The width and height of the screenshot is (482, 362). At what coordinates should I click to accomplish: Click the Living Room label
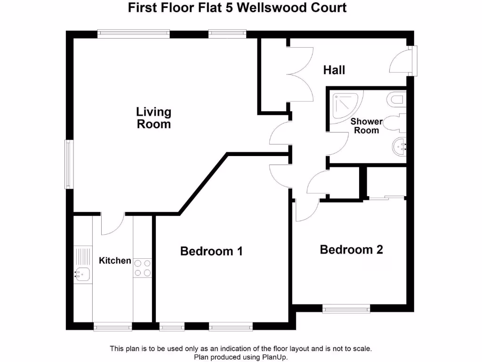[x=153, y=118]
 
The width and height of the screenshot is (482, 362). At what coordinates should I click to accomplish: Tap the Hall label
[x=334, y=70]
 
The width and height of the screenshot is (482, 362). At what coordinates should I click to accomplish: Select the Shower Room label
[x=366, y=126]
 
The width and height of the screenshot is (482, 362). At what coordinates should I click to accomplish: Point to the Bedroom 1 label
[x=211, y=251]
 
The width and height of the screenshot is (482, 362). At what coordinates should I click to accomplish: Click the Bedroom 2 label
[x=351, y=249]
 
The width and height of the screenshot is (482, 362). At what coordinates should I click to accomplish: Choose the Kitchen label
[x=115, y=260]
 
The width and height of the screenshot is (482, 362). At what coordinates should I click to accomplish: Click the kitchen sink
[x=82, y=273]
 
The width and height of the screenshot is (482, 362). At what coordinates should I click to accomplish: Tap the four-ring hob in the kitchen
[x=143, y=268]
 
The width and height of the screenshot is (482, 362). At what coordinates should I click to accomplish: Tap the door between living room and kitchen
[x=112, y=224]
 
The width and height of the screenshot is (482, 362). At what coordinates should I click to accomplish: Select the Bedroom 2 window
[x=346, y=309]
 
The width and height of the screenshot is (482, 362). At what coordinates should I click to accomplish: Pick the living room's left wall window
[x=69, y=164]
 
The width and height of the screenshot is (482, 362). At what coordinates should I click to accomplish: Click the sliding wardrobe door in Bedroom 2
[x=386, y=197]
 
